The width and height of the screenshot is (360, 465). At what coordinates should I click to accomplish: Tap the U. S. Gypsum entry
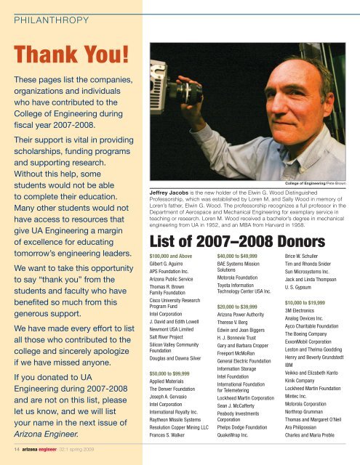[x=305, y=326]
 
